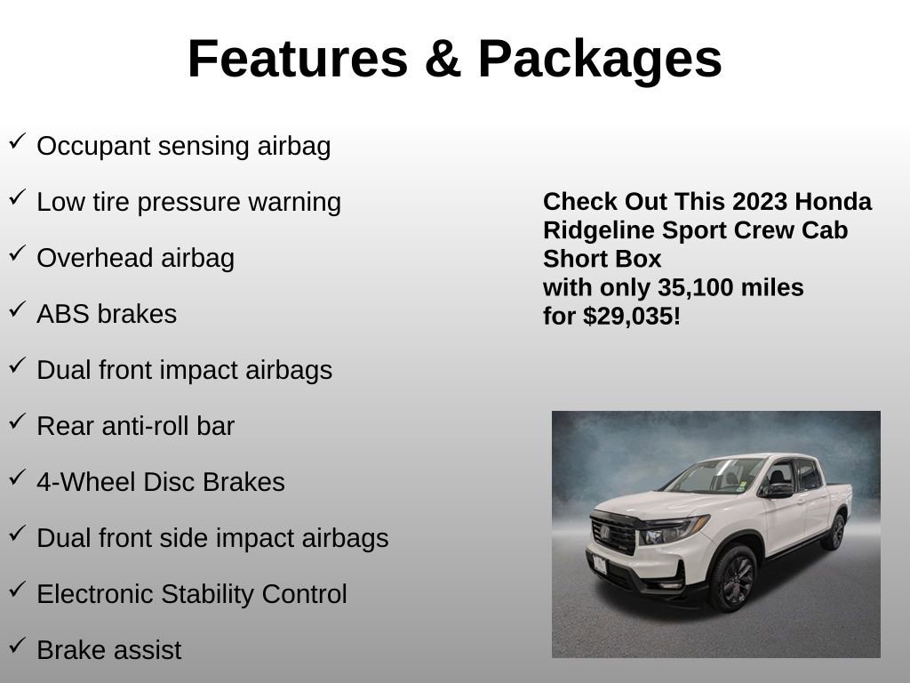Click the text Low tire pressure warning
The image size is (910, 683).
click(x=188, y=202)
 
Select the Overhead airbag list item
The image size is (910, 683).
click(x=135, y=258)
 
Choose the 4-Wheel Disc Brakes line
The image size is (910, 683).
click(x=160, y=482)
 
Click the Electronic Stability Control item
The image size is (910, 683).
click(x=191, y=594)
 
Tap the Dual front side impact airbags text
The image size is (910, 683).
click(x=212, y=538)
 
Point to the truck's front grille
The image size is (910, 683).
click(x=614, y=534)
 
